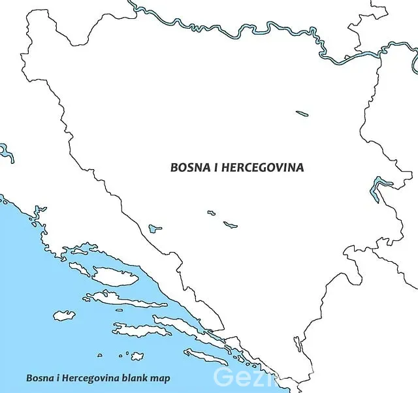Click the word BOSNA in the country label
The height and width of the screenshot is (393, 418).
pos(188,167)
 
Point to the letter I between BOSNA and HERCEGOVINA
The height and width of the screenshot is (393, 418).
pos(216,167)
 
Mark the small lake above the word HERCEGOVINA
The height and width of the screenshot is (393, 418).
pos(302,114)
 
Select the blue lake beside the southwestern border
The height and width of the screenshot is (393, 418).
pos(155,228)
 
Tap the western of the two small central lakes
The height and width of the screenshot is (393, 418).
pos(211,212)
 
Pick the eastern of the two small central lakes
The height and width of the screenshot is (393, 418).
pos(230,225)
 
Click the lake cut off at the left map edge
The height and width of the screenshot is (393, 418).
pos(7,153)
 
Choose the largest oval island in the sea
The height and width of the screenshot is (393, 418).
pos(116,277)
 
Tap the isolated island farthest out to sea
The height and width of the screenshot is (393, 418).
pos(64,315)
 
